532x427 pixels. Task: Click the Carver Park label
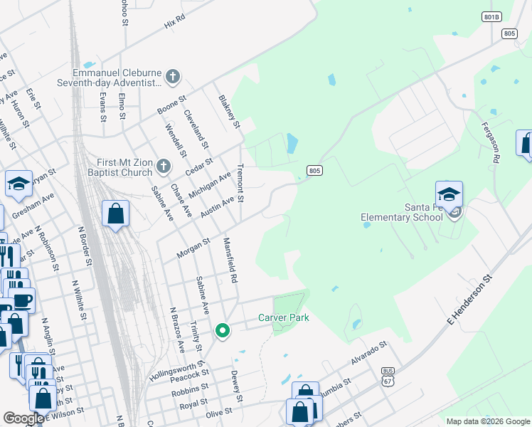[x=283, y=317]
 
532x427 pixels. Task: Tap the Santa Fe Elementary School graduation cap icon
[x=449, y=193]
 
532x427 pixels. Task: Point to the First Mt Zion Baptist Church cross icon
[x=163, y=167]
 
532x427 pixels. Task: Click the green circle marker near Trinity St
[x=223, y=330]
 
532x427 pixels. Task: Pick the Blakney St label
[x=230, y=112]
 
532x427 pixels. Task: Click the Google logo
[x=24, y=418]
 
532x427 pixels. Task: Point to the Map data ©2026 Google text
[x=488, y=421]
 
